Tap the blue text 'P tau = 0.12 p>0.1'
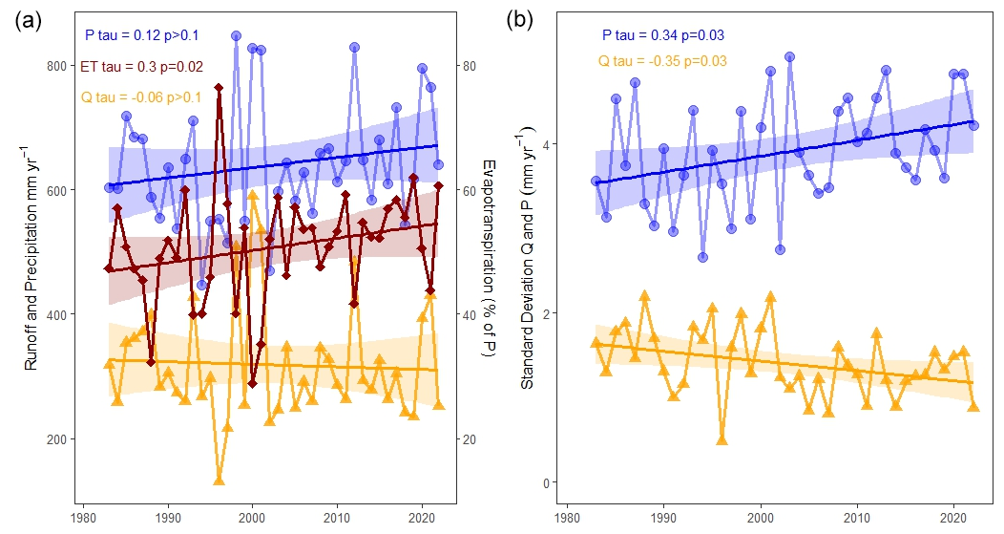(141, 36)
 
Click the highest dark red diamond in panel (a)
(219, 88)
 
